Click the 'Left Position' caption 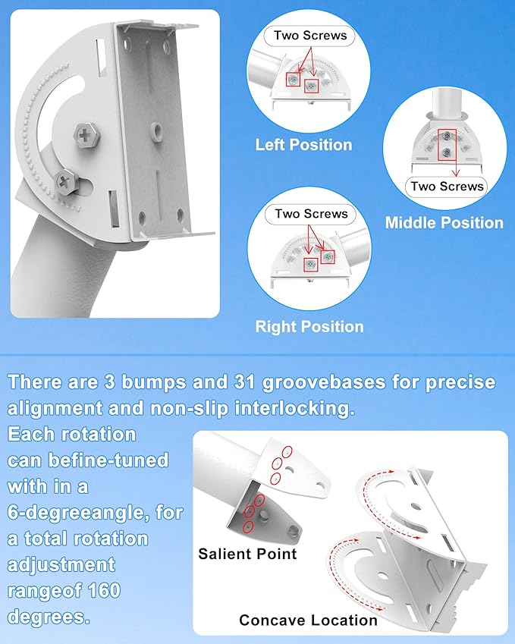pos(303,145)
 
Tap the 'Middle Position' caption pos(444,223)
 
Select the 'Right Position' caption pos(309,327)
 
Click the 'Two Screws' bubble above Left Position pos(310,35)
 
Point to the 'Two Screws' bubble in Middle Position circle pos(447,186)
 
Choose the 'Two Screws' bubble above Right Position pos(311,214)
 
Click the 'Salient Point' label pos(247,554)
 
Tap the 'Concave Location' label pos(308,620)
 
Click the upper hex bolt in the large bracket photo pos(85,137)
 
